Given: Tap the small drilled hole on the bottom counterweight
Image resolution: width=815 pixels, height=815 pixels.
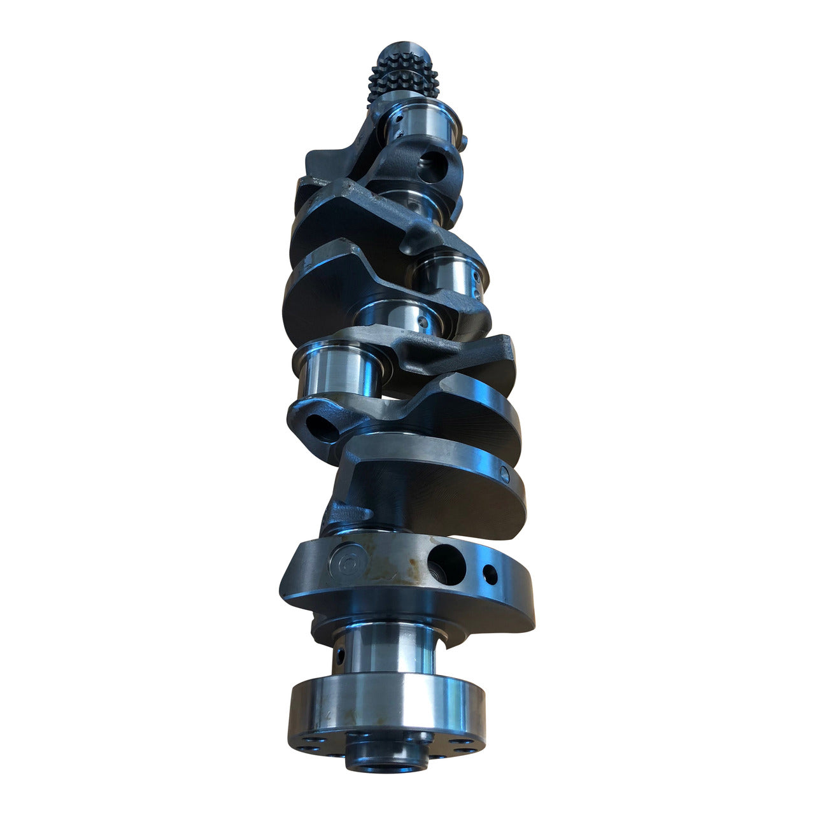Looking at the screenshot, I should (490, 573).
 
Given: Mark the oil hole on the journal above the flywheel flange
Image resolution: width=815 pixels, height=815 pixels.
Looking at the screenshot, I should (339, 654).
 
